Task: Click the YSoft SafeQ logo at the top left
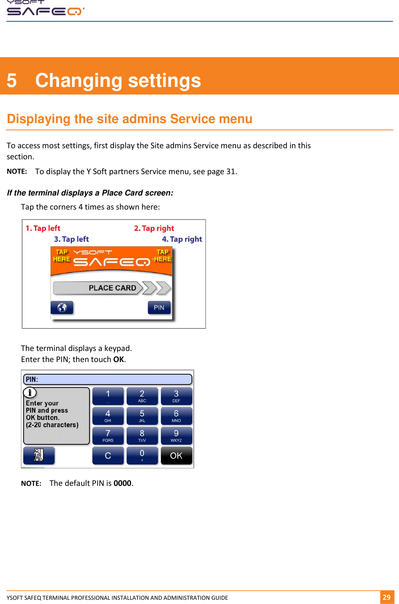[45, 8]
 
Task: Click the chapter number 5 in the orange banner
[12, 81]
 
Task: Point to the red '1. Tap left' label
[43, 228]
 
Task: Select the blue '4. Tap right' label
[182, 239]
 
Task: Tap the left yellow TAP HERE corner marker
[61, 256]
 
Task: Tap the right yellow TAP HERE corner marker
[163, 256]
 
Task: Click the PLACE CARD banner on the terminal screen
[112, 288]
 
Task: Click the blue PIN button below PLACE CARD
[159, 308]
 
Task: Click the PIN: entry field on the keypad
[108, 379]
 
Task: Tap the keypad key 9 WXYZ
[176, 436]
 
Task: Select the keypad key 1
[108, 396]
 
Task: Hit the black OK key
[176, 456]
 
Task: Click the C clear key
[108, 456]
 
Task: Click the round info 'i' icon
[30, 393]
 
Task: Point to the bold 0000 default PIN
[122, 483]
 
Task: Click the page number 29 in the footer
[386, 597]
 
